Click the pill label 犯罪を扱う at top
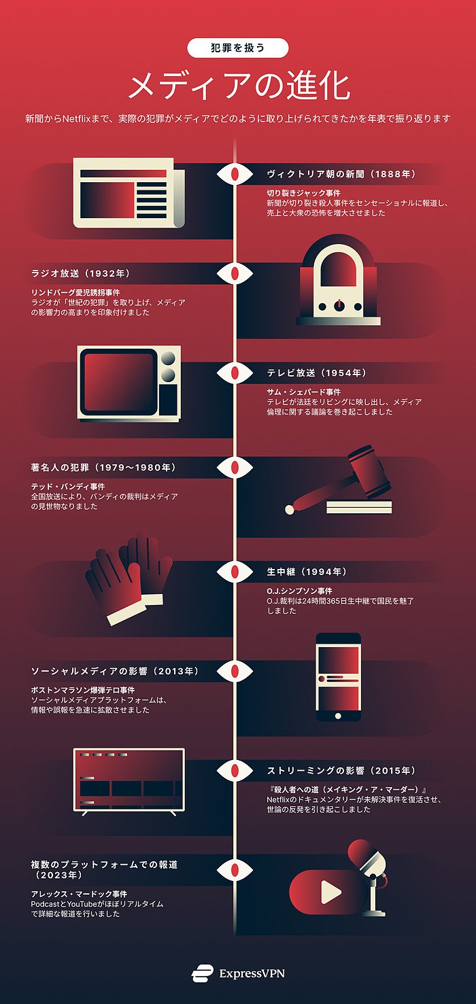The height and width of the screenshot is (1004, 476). pyautogui.click(x=238, y=48)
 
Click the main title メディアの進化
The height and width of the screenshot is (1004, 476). pyautogui.click(x=238, y=86)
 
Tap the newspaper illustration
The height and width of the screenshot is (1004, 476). pyautogui.click(x=128, y=192)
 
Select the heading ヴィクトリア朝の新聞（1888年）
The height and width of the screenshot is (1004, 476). pyautogui.click(x=341, y=174)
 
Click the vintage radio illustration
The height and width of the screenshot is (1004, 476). pyautogui.click(x=338, y=281)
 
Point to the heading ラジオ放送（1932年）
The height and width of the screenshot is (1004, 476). pyautogui.click(x=80, y=273)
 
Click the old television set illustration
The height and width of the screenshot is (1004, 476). pyautogui.click(x=129, y=382)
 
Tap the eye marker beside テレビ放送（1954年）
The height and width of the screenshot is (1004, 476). pyautogui.click(x=235, y=373)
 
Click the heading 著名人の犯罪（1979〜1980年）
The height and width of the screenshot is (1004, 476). pyautogui.click(x=103, y=468)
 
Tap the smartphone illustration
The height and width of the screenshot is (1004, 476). pyautogui.click(x=338, y=677)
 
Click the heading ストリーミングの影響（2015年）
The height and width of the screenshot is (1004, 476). pyautogui.click(x=341, y=771)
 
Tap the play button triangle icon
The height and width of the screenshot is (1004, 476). pyautogui.click(x=330, y=892)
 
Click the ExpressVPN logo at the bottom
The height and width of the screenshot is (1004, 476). pyautogui.click(x=238, y=973)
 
